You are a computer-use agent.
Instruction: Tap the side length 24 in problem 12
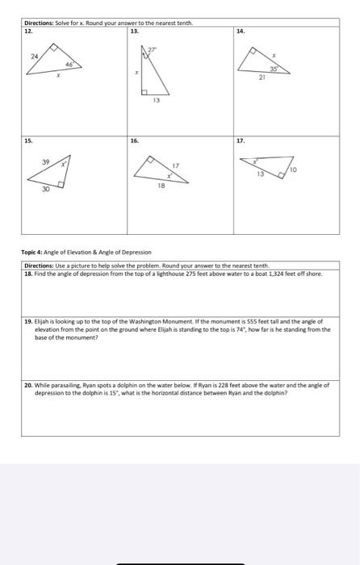[34, 56]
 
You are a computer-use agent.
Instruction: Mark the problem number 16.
[135, 140]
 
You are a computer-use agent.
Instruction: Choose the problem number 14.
[241, 31]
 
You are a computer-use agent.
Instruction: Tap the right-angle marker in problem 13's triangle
[147, 90]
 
